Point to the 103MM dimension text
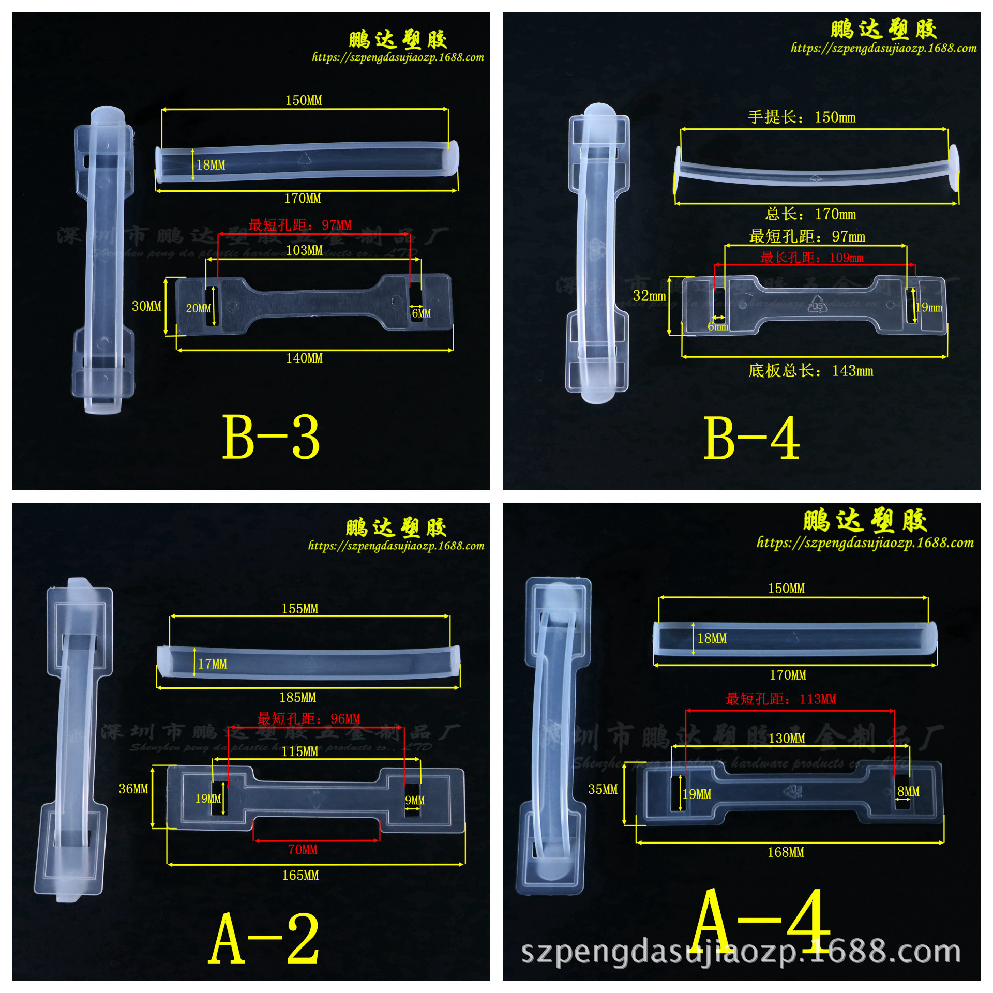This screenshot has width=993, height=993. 304,251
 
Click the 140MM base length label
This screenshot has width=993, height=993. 304,358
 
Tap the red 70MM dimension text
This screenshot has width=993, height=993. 303,850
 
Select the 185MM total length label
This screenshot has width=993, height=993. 298,698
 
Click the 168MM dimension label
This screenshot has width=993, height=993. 786,853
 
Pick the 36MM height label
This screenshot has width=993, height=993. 133,789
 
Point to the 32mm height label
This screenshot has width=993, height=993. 649,296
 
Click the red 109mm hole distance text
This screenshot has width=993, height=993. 812,258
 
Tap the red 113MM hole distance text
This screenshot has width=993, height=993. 780,699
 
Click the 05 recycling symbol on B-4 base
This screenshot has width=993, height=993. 818,305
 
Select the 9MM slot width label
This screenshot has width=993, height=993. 414,801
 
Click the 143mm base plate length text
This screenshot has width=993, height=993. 810,371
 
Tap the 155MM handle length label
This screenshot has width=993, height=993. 300,609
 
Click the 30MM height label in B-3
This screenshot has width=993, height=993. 146,306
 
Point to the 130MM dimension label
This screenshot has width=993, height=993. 787,739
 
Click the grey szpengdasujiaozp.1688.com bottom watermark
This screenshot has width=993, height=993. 741,953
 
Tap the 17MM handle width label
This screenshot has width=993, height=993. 213,664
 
